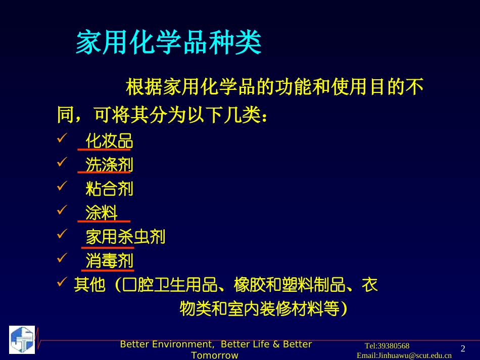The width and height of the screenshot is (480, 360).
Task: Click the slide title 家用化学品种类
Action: click(x=168, y=43)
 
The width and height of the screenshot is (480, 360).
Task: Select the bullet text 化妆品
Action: click(x=109, y=141)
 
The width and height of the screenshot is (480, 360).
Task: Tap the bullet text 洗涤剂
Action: click(x=109, y=165)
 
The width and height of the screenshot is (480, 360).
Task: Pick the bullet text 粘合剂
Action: click(x=109, y=189)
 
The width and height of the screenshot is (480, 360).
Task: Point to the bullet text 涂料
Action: click(x=102, y=213)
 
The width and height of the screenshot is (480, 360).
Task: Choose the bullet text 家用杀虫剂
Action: click(x=125, y=237)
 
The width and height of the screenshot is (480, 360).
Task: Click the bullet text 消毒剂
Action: click(x=109, y=261)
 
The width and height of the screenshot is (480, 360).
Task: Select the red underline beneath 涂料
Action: click(x=104, y=222)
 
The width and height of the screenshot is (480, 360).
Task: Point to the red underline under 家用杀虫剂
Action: click(x=108, y=248)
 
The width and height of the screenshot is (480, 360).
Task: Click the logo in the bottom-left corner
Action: click(x=22, y=339)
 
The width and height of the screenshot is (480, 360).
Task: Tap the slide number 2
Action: click(x=463, y=348)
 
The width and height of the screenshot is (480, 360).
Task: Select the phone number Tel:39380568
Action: click(x=387, y=346)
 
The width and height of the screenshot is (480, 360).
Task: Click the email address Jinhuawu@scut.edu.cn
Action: click(x=404, y=355)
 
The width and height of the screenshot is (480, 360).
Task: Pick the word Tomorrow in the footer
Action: click(x=215, y=355)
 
